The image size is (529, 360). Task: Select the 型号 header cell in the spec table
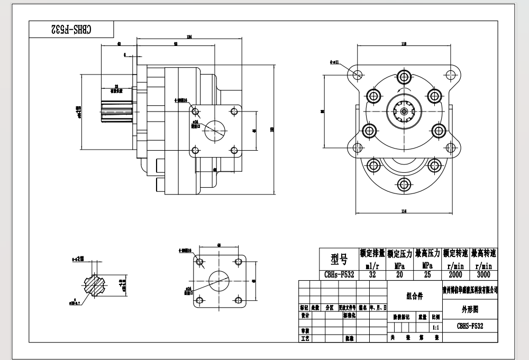pos(339,259)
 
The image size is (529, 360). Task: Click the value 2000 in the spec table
pos(455,274)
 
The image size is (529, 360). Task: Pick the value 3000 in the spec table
pos(484,274)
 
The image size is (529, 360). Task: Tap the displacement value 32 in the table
pos(372,274)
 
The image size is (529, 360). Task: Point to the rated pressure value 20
pos(400,274)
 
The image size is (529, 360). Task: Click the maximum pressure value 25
pos(427,274)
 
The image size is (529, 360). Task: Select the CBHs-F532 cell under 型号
pos(339,274)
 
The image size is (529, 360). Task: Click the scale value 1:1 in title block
pos(435,327)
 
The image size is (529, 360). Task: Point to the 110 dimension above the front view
pos(404,44)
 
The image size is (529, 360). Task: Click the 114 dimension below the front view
pos(404,211)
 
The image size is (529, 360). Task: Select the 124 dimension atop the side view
pos(189,36)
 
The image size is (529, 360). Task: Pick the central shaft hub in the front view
pos(405,111)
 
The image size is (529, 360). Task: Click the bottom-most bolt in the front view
pos(405,184)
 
